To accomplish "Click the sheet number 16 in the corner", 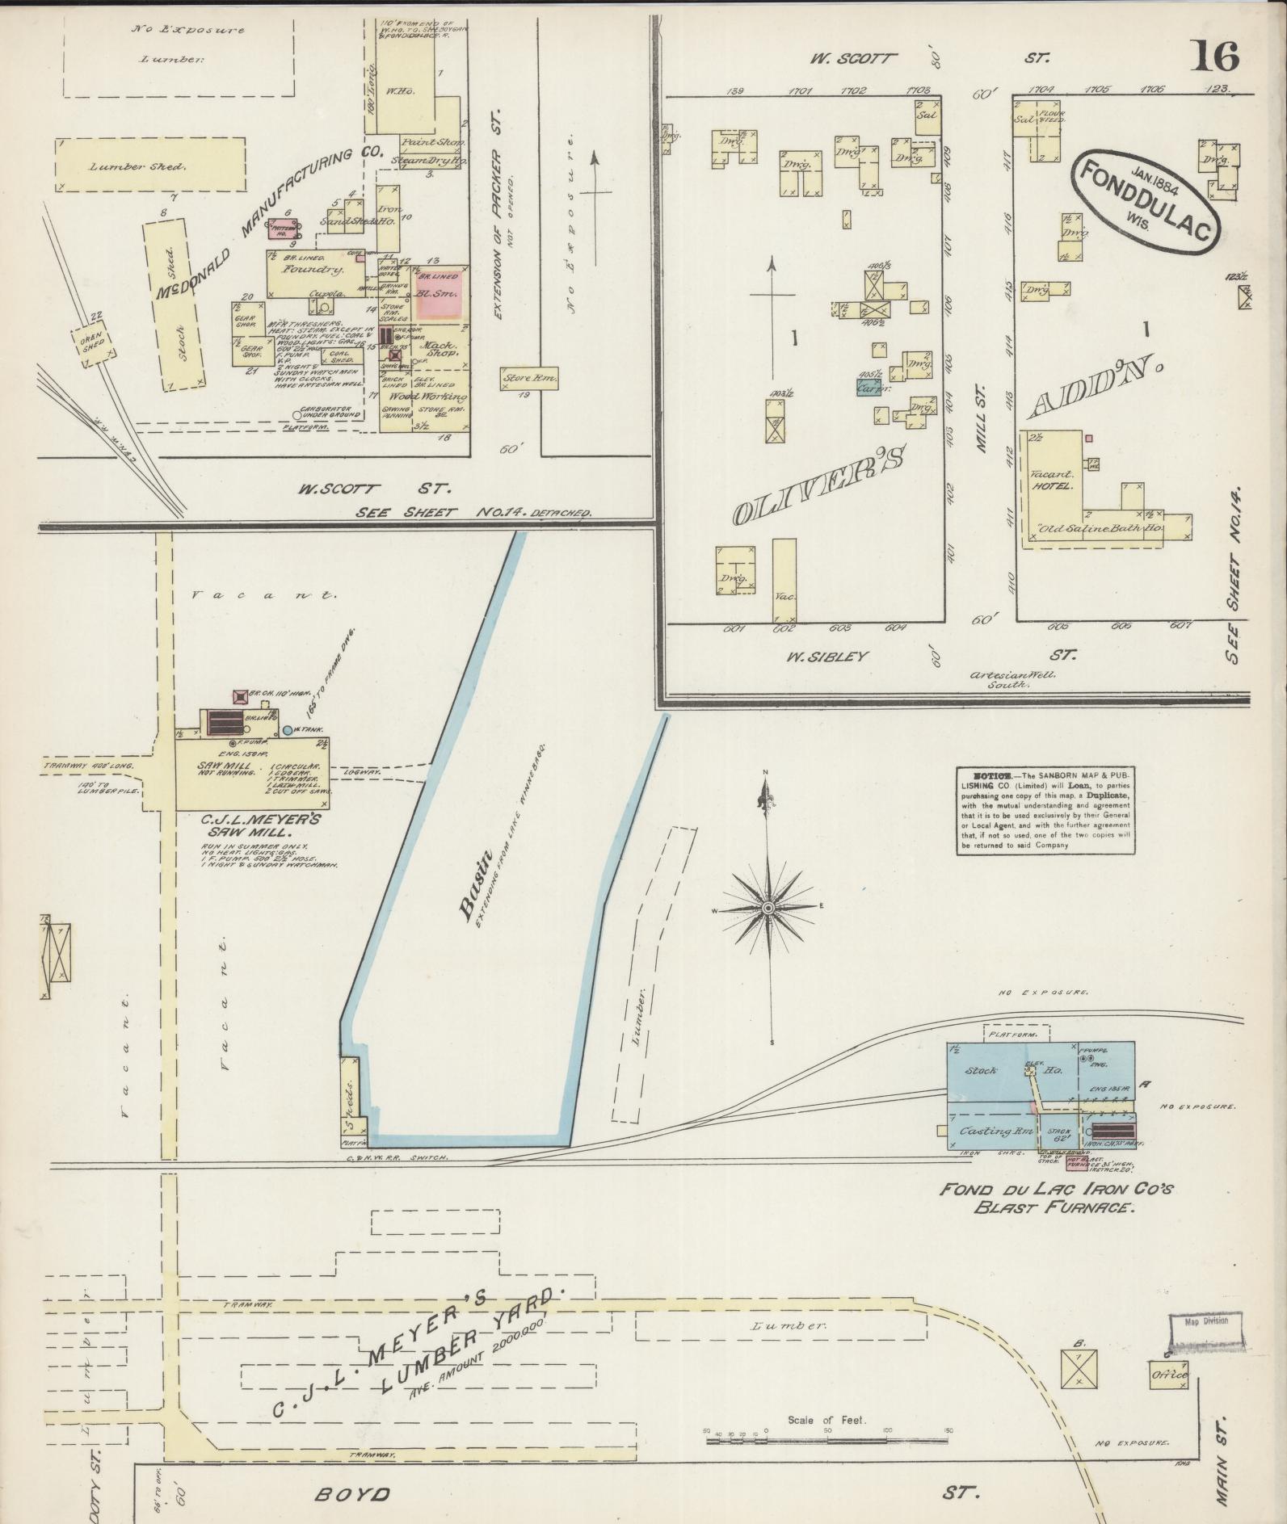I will click(x=1213, y=57).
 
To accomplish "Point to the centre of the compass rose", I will click(x=768, y=908).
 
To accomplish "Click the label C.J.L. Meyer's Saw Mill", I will click(x=262, y=825).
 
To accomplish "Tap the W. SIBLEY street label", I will click(x=826, y=656).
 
